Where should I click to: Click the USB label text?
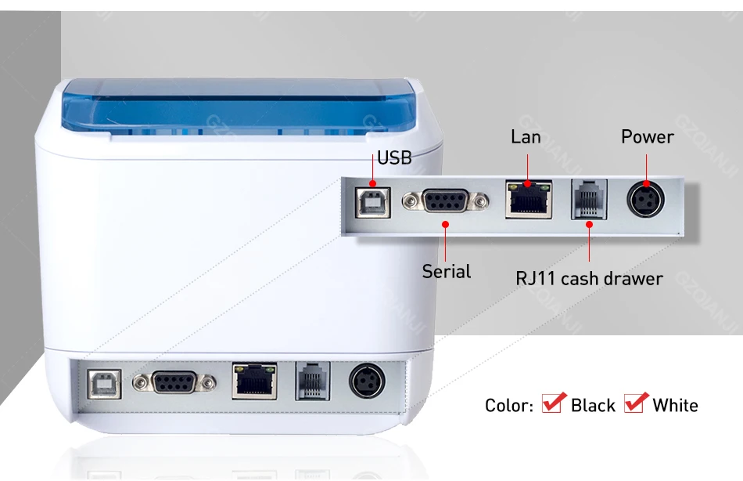point(394,158)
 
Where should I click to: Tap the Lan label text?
point(526,137)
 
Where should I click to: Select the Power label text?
point(647,137)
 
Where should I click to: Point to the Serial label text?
point(447,272)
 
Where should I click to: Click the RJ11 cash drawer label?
point(589,278)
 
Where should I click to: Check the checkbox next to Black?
point(554,403)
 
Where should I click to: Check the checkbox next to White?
point(635,403)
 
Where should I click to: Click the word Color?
point(509,406)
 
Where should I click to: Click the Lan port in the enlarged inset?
point(528,200)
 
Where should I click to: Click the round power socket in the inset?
point(646,201)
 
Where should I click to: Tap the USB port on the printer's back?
point(100,381)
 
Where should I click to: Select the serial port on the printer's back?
point(174,382)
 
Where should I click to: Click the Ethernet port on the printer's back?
point(254,381)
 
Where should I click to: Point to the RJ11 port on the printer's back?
point(312,382)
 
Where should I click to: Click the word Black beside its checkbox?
point(593,406)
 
